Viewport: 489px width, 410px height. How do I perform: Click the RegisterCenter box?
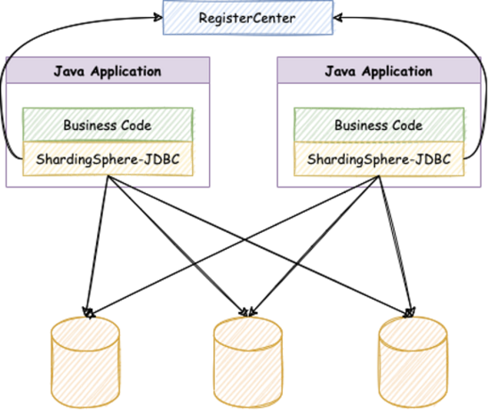248,18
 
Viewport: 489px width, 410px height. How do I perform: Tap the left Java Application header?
108,70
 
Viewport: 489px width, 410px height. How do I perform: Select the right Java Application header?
379,70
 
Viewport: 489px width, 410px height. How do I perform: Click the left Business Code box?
108,125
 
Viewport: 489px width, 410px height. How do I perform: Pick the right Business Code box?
379,125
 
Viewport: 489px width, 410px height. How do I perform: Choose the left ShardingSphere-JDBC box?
108,159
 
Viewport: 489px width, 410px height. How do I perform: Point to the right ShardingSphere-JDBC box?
379,159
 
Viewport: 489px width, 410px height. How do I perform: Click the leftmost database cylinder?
85,363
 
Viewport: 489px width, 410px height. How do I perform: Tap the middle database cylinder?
248,363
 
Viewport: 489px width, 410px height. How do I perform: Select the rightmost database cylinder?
413,363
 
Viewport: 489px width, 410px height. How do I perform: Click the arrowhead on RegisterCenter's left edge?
158,18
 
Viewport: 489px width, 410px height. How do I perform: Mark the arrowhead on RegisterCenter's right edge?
338,18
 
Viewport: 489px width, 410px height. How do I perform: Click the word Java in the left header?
69,71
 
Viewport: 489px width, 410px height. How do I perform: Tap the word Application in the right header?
397,71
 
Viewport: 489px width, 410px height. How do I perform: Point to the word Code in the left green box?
136,125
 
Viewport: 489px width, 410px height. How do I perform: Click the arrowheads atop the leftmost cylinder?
88,313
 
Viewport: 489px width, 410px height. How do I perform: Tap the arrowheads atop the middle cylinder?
248,312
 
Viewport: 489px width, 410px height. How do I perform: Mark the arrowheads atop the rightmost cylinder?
410,313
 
